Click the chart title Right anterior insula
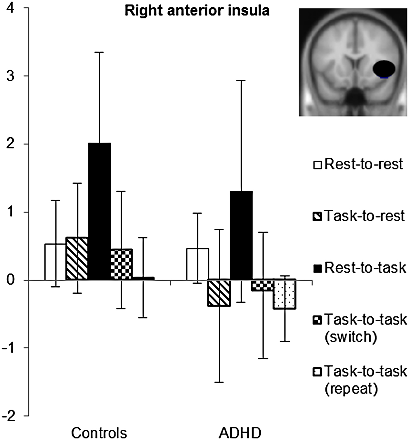point(197,11)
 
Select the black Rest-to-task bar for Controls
point(99,212)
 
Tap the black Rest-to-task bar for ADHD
point(241,235)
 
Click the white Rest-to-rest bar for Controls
point(55,262)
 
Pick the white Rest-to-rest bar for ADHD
point(197,264)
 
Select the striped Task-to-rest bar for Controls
point(77,259)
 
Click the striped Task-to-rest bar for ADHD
point(219,293)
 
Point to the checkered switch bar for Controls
point(121,264)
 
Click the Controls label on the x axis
point(99,433)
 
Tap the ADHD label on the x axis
point(240,433)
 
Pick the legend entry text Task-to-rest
point(364,216)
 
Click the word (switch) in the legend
point(351,337)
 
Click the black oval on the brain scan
point(384,69)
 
